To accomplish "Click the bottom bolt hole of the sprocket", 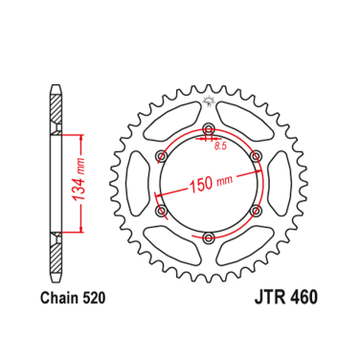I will (209, 237).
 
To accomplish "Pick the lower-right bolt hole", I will (256, 210).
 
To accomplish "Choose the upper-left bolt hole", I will (162, 155).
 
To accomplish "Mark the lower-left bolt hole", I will (162, 210).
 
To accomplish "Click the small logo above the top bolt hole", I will (209, 101).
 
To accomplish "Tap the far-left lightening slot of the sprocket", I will (138, 183).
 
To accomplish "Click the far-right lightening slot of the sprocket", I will (280, 183).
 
